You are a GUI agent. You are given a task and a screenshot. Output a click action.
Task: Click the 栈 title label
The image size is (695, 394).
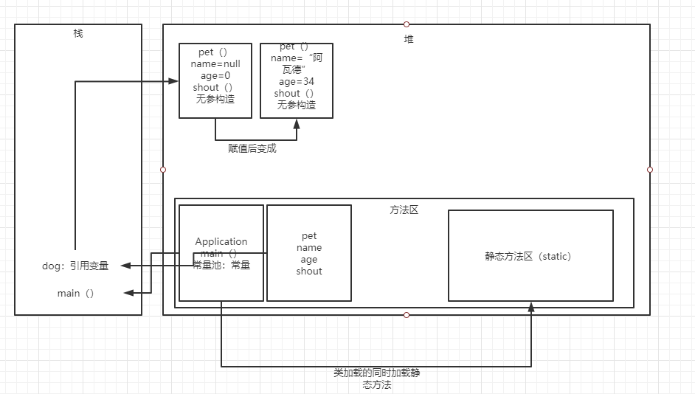[78, 33]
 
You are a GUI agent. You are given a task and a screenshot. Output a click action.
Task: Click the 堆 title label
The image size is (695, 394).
[409, 39]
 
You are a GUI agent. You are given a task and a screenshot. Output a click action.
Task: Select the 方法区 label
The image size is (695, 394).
[404, 210]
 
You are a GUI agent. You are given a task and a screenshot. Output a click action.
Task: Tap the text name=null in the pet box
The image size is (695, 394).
[215, 64]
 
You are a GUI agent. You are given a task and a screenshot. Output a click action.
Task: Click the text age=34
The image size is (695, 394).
[297, 82]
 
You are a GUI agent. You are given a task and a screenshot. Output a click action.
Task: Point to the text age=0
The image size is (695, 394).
[215, 76]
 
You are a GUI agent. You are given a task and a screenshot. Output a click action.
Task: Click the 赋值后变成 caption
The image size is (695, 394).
[252, 148]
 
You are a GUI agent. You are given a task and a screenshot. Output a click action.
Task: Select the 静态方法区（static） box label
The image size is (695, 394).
[528, 257]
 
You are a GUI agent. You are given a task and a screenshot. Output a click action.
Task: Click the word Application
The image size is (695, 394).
[221, 241]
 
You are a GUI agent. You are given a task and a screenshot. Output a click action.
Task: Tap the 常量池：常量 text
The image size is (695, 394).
[221, 265]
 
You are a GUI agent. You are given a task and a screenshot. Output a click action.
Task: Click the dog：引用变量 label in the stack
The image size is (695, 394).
[75, 266]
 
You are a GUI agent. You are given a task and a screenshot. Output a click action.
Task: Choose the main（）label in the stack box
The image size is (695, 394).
[76, 294]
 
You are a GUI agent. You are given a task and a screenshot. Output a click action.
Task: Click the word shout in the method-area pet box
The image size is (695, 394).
[309, 271]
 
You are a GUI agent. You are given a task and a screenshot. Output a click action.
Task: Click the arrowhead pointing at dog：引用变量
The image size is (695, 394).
[126, 266]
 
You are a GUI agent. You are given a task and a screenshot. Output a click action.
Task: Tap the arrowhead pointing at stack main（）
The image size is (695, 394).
[128, 294]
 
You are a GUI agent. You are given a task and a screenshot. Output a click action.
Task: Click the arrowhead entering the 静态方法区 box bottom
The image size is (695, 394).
[530, 306]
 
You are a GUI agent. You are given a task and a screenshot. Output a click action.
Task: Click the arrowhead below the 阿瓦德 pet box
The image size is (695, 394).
[297, 123]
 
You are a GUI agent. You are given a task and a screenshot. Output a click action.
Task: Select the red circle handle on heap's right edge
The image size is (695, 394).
[650, 170]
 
